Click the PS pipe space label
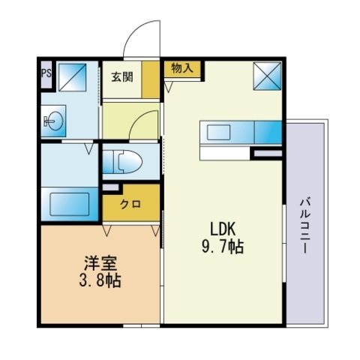click(46, 73)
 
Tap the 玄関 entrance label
click(122, 76)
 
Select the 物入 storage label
click(182, 67)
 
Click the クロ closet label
click(130, 204)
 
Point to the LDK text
click(223, 229)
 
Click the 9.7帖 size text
click(223, 247)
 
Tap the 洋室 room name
click(100, 263)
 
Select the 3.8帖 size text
click(100, 280)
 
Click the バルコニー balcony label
click(305, 226)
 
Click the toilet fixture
click(122, 162)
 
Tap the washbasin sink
click(53, 121)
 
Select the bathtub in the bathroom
click(70, 204)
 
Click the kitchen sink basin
click(218, 133)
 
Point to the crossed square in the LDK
click(267, 76)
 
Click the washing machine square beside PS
click(73, 77)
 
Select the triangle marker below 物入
click(168, 87)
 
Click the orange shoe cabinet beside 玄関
click(151, 79)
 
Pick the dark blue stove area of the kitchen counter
click(268, 132)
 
